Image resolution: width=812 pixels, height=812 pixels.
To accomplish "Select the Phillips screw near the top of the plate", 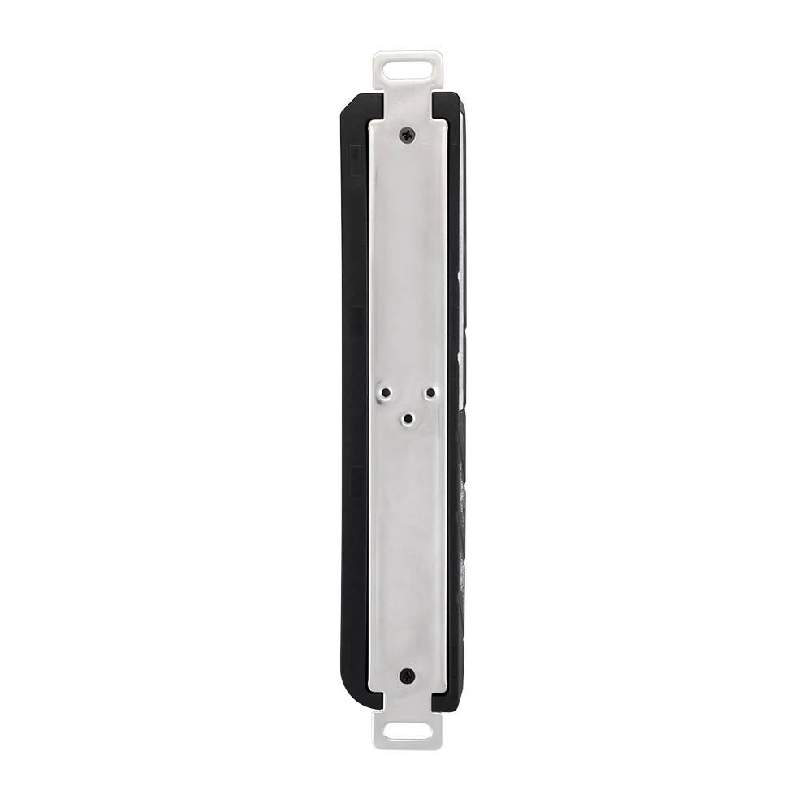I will pyautogui.click(x=408, y=134).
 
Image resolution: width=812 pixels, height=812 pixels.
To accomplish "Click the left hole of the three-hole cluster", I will pyautogui.click(x=386, y=393).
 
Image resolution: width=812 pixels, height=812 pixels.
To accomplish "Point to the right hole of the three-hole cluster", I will pyautogui.click(x=430, y=393).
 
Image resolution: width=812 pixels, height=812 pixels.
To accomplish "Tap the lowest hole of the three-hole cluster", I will pyautogui.click(x=408, y=419).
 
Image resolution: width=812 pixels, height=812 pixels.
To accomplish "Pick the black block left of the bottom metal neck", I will pyautogui.click(x=370, y=697).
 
